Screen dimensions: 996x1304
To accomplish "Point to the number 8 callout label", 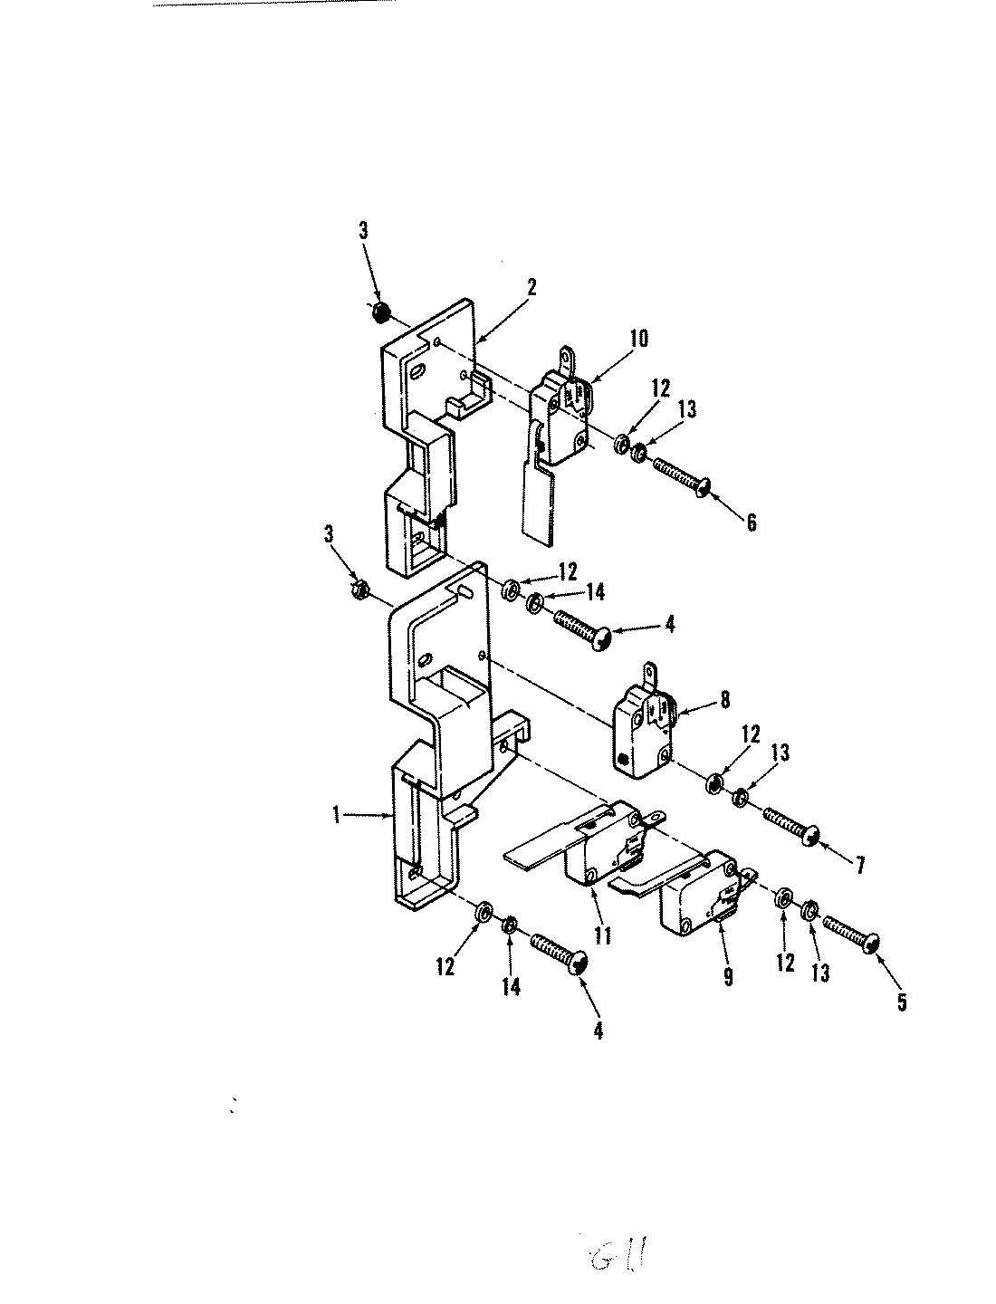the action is click(x=724, y=699).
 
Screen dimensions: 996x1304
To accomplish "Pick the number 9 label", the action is click(x=727, y=977).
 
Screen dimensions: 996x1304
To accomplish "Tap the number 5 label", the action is click(x=902, y=1002).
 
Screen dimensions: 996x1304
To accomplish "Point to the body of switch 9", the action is click(x=697, y=906).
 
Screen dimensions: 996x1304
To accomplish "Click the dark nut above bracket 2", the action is click(x=381, y=312).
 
